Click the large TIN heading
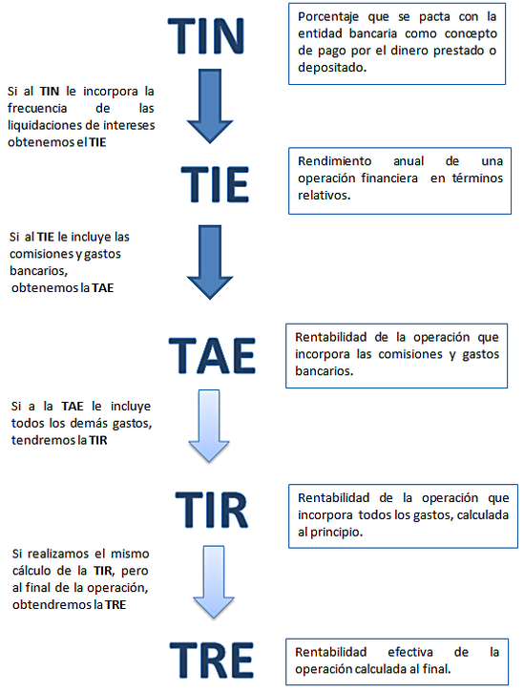206,36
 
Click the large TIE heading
215,184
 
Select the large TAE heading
212,355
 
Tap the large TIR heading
212,511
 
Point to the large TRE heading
212,661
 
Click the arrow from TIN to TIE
210,106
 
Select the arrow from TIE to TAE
210,262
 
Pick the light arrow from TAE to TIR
209,426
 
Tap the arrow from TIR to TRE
214,581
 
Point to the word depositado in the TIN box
332,68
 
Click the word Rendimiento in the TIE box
335,161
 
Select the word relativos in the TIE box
324,195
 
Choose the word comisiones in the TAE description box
410,354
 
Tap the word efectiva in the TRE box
410,652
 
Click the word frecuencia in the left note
37,108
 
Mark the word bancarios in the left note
38,270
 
